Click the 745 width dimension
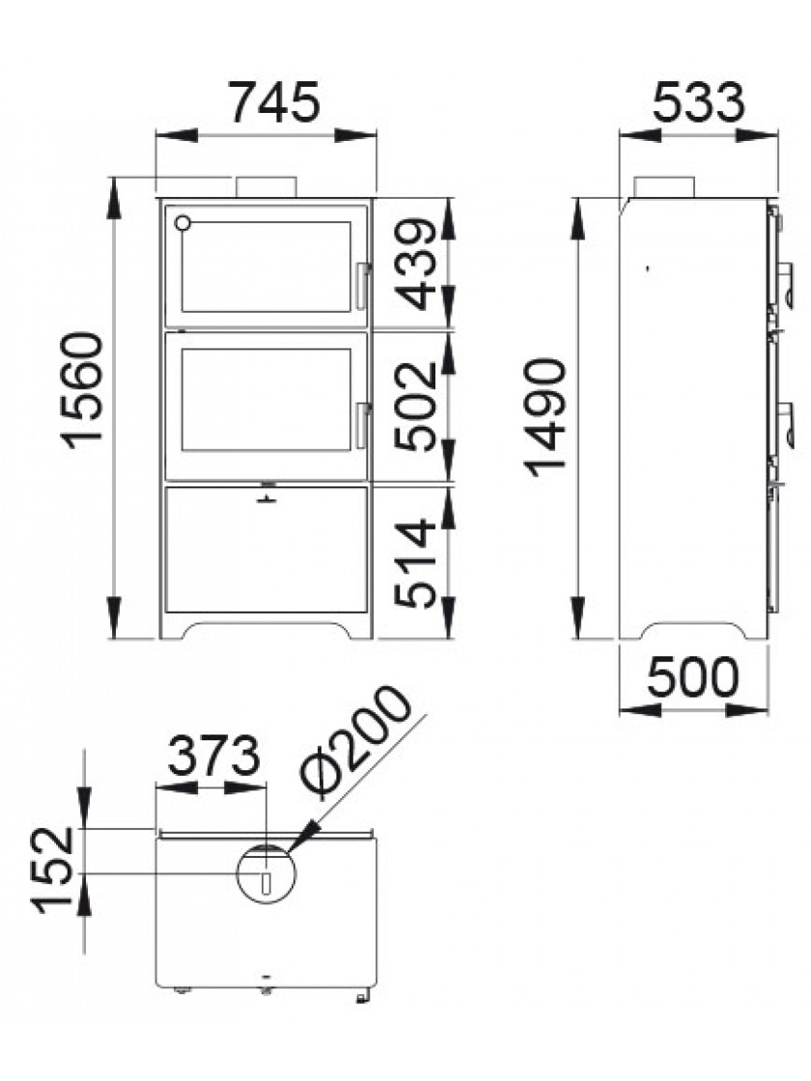click(274, 102)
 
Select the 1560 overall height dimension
click(83, 390)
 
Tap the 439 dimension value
click(416, 264)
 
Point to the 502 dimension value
click(416, 406)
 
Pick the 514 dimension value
click(416, 564)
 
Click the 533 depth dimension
click(699, 102)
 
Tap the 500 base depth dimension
click(692, 677)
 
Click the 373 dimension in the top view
click(213, 756)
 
